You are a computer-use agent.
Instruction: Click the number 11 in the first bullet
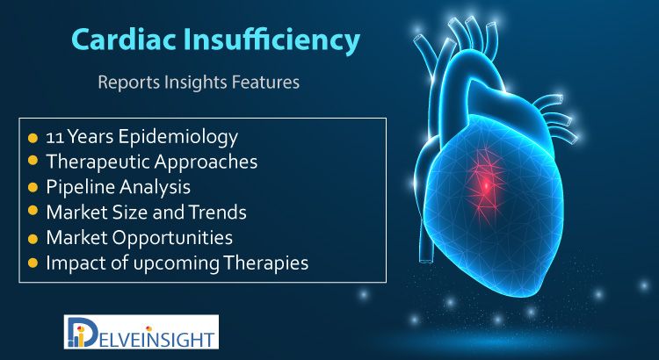(54, 137)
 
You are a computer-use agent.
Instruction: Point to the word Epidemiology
(177, 138)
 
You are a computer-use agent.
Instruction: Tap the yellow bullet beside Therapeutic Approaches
(33, 162)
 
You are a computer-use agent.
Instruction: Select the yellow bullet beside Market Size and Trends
(33, 212)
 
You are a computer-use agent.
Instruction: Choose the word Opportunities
(173, 238)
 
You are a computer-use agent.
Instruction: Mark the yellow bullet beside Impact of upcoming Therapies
(33, 263)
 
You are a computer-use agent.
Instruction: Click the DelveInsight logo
(141, 332)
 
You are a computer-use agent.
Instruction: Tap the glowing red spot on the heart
(486, 185)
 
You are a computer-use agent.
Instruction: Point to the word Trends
(217, 212)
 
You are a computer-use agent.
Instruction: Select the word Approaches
(206, 162)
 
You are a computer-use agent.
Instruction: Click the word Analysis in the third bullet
(155, 187)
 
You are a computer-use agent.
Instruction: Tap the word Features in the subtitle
(265, 82)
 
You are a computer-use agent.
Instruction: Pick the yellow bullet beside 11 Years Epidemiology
(33, 138)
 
